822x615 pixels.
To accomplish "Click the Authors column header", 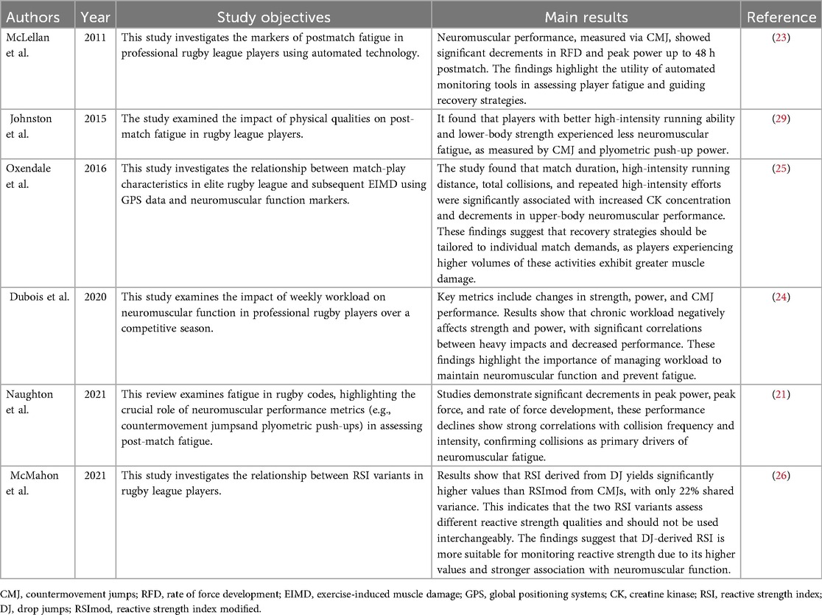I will tap(32, 17).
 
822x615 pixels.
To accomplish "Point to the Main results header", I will tap(586, 17).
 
